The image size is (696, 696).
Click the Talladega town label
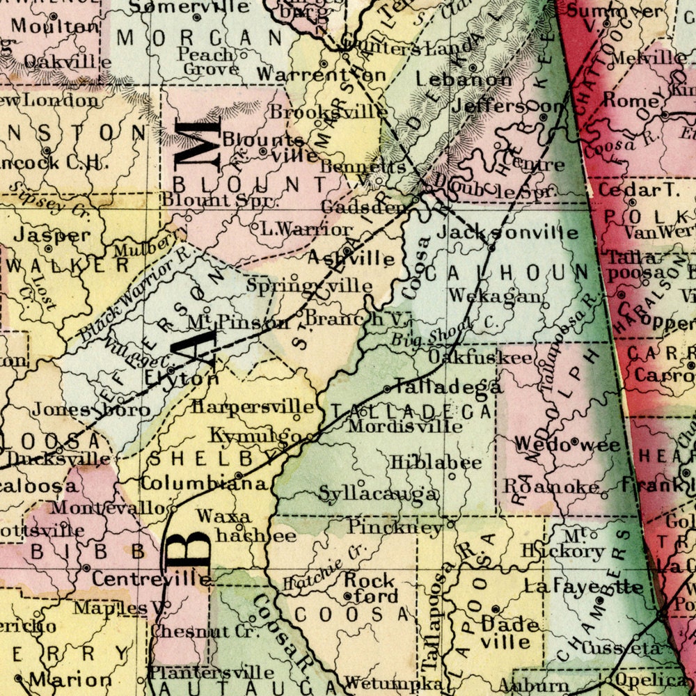448,387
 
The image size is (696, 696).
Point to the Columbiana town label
204,482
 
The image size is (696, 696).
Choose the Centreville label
151,578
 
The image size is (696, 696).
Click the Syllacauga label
379,493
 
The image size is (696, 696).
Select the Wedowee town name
567,444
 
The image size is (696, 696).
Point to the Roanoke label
551,487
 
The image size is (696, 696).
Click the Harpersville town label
253,406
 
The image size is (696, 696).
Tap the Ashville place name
351,258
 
